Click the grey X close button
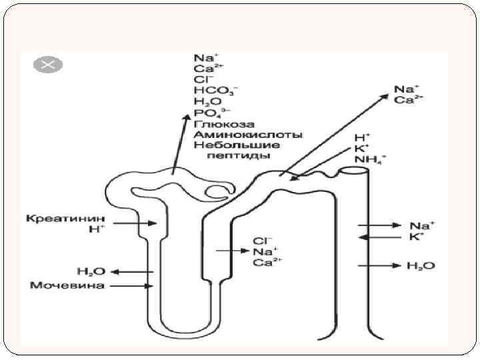(48, 65)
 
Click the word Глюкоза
(216, 124)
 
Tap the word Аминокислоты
(248, 134)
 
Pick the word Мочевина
(67, 286)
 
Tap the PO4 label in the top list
(209, 113)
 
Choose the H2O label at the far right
(420, 266)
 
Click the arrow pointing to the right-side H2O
(376, 266)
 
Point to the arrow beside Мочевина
(129, 287)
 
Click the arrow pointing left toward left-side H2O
(130, 271)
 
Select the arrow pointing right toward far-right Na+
(376, 226)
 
